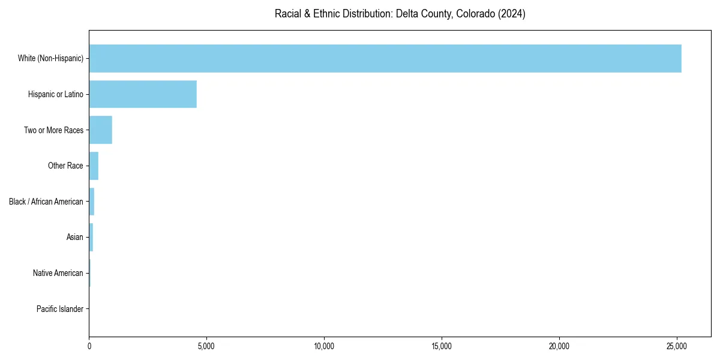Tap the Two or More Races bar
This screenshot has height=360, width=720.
(x=101, y=130)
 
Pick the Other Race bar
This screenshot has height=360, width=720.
(x=94, y=166)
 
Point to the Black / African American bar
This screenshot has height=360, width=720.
(x=92, y=202)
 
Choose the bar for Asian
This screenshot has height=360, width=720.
(x=91, y=237)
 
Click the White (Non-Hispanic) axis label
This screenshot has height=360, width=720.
(x=50, y=58)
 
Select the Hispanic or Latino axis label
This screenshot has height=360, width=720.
(x=56, y=94)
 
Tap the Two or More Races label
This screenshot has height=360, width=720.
(x=53, y=130)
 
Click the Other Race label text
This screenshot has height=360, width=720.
(x=65, y=166)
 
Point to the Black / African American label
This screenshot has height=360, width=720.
(x=46, y=202)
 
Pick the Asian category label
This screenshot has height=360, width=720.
(x=75, y=237)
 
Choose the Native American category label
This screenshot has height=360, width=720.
(x=58, y=273)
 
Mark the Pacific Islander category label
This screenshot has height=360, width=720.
(x=60, y=309)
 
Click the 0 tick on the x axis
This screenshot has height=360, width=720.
(x=89, y=346)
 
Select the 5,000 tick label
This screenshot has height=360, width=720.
(x=206, y=346)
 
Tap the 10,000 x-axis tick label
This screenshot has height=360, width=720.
(x=324, y=346)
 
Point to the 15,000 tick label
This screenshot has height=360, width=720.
(x=442, y=346)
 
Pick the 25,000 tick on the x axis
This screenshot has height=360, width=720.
(x=677, y=346)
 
